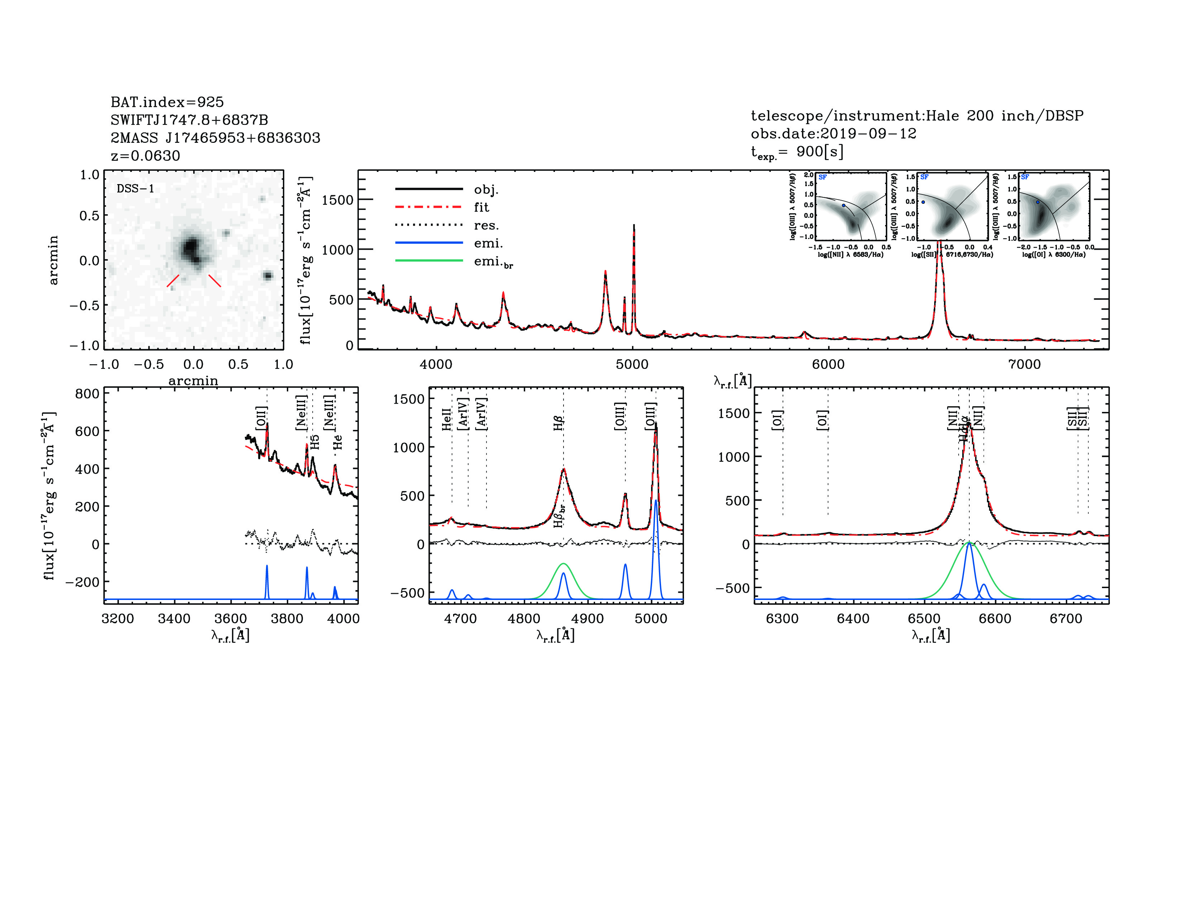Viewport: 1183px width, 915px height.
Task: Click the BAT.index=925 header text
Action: [x=167, y=102]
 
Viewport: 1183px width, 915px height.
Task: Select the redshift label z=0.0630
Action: [x=145, y=156]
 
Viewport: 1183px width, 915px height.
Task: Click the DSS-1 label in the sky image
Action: [x=136, y=189]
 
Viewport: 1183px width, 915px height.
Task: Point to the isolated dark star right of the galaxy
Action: [x=267, y=275]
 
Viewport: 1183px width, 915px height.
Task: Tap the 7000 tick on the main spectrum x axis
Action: [x=1024, y=364]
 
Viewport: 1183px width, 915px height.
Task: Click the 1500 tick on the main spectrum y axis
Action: [x=337, y=200]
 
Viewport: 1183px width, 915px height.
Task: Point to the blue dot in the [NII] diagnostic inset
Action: [x=844, y=206]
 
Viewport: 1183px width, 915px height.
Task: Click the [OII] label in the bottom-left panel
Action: [x=261, y=418]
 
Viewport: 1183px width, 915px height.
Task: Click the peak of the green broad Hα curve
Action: [x=969, y=543]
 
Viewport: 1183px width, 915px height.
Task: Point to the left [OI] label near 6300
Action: [x=777, y=420]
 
